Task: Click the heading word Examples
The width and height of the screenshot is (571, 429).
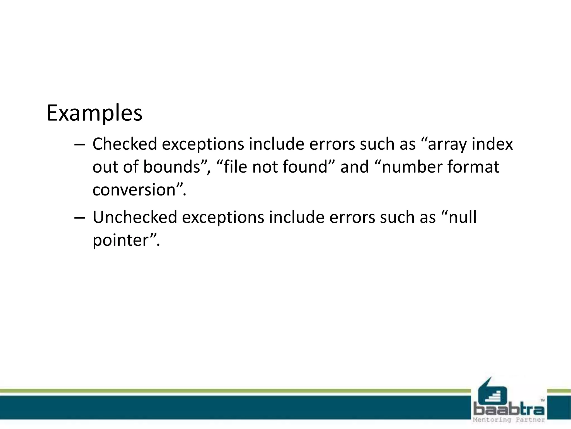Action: point(94,113)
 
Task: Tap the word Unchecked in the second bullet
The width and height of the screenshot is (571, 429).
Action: point(135,217)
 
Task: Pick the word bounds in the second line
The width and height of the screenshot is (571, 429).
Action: point(171,167)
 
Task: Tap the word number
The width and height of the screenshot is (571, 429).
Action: point(412,167)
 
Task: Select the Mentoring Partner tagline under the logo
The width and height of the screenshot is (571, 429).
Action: point(509,420)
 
